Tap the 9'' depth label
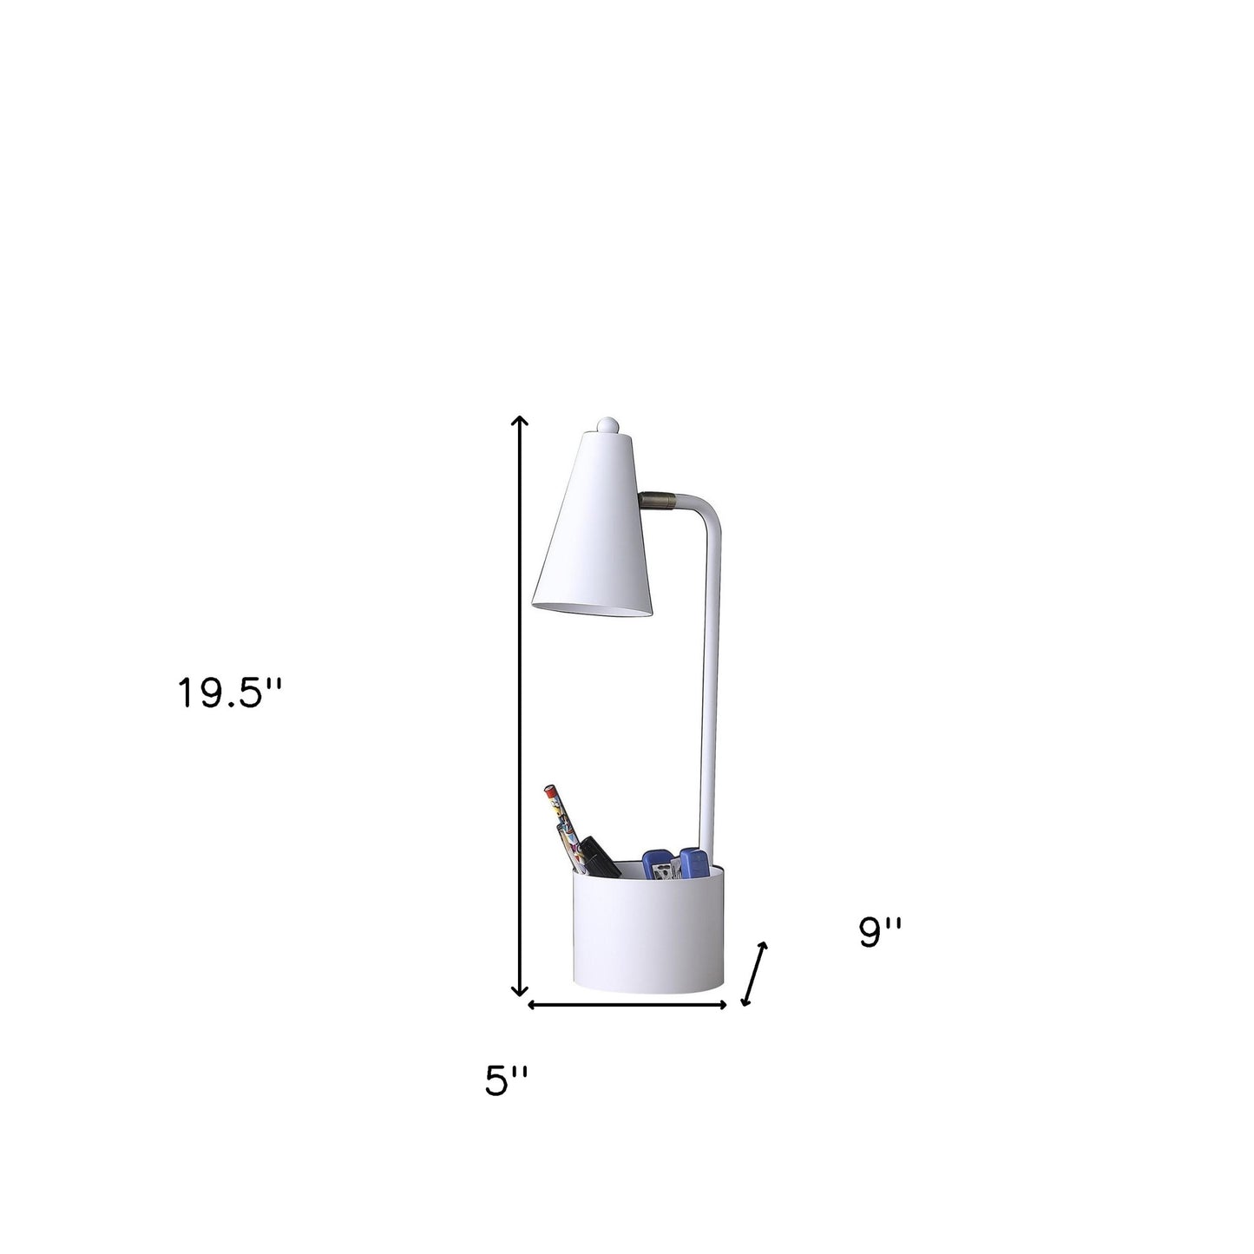(x=881, y=932)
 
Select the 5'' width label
(x=506, y=1080)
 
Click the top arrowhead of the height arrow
(x=519, y=423)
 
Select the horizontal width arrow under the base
(x=627, y=1005)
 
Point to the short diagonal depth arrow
(x=754, y=973)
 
